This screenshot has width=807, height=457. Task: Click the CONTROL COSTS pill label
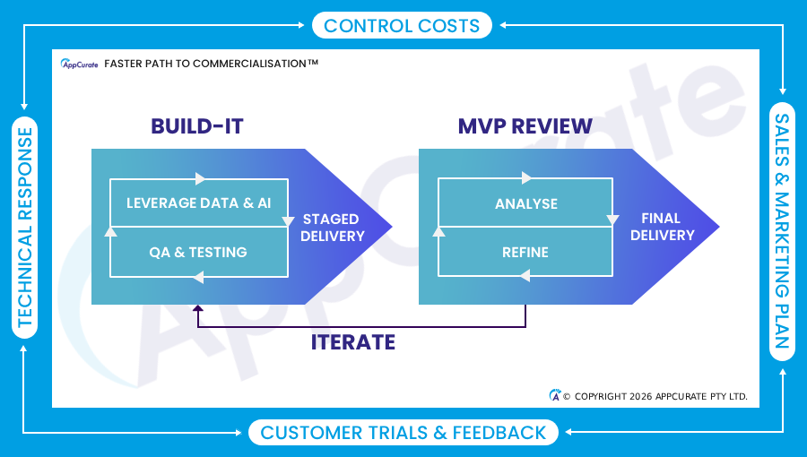pos(402,25)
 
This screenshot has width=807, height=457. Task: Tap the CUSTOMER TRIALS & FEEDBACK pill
pos(403,433)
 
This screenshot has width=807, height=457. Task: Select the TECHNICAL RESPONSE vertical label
pos(25,227)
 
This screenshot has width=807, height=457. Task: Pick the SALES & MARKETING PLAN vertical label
pos(782,230)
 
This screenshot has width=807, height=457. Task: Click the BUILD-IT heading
pos(196,126)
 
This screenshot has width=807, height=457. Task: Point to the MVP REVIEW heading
pos(525,126)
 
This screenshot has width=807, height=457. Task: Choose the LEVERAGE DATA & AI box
pos(198,203)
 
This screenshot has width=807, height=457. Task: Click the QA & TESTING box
pos(198,252)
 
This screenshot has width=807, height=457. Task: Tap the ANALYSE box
pos(525,203)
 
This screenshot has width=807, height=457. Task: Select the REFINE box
pos(525,252)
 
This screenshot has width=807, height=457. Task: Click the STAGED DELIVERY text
pos(332,228)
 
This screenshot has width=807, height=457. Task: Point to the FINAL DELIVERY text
pos(662,227)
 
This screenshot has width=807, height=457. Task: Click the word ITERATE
pos(353,341)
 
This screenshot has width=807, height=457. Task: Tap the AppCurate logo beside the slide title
pos(79,64)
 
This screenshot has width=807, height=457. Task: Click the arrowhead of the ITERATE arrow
pos(198,310)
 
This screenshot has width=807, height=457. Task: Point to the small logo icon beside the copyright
pos(555,395)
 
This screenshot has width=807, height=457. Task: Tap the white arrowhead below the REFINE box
pos(525,277)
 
